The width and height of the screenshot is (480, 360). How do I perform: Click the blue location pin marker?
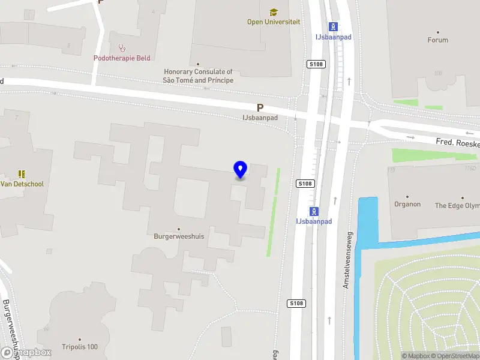[240, 170]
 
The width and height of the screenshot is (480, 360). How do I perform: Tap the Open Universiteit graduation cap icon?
[274, 12]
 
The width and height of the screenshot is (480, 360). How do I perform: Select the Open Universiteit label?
[274, 22]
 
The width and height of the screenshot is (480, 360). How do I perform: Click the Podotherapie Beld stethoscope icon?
[122, 47]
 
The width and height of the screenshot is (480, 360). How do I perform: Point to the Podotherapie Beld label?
[122, 58]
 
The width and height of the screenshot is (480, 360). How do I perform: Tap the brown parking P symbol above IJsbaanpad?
[260, 108]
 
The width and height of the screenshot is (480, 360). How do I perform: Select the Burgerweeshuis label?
[179, 236]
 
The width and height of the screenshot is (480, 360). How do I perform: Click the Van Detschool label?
[22, 184]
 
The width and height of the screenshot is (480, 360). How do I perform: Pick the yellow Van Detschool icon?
[22, 174]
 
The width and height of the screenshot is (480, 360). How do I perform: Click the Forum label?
[437, 40]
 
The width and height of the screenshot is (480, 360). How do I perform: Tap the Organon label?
[407, 205]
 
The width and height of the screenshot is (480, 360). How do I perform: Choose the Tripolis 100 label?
[79, 347]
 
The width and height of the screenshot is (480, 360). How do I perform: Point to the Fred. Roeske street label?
[457, 143]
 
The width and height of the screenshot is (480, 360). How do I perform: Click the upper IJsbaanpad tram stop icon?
[333, 26]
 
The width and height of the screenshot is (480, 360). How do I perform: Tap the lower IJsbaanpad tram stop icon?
[313, 211]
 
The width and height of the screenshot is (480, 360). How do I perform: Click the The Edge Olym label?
[457, 206]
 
